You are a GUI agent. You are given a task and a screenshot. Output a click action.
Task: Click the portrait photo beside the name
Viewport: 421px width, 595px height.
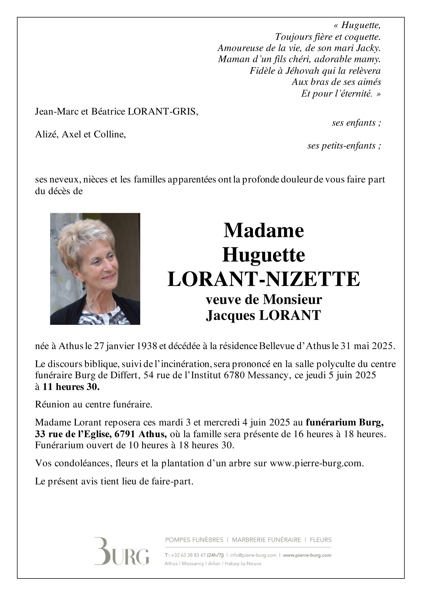pyautogui.click(x=95, y=269)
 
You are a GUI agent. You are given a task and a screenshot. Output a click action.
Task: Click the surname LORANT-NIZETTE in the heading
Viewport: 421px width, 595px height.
pyautogui.click(x=264, y=279)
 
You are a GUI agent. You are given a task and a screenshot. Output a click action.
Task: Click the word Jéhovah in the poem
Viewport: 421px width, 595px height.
pyautogui.click(x=302, y=71)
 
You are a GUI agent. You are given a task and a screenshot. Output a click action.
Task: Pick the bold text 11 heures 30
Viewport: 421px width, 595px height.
pyautogui.click(x=71, y=387)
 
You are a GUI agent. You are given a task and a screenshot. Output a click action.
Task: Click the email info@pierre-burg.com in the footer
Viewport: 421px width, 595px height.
pyautogui.click(x=253, y=555)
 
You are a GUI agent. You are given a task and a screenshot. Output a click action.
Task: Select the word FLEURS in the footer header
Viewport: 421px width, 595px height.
pyautogui.click(x=320, y=540)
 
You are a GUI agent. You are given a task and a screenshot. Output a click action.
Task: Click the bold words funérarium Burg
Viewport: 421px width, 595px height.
pyautogui.click(x=345, y=423)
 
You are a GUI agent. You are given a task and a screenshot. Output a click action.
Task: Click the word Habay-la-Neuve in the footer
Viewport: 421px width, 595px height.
pyautogui.click(x=243, y=564)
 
